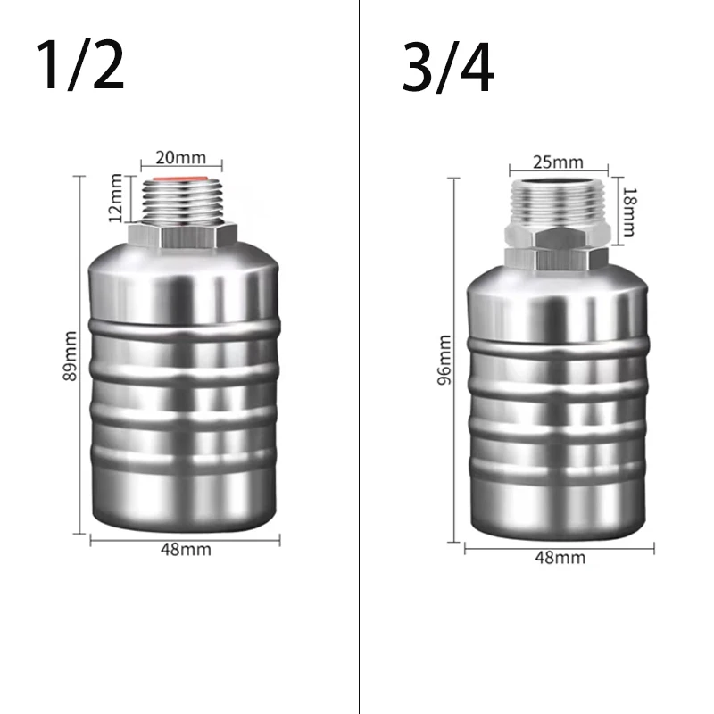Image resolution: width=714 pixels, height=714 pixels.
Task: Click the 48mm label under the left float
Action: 187,549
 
